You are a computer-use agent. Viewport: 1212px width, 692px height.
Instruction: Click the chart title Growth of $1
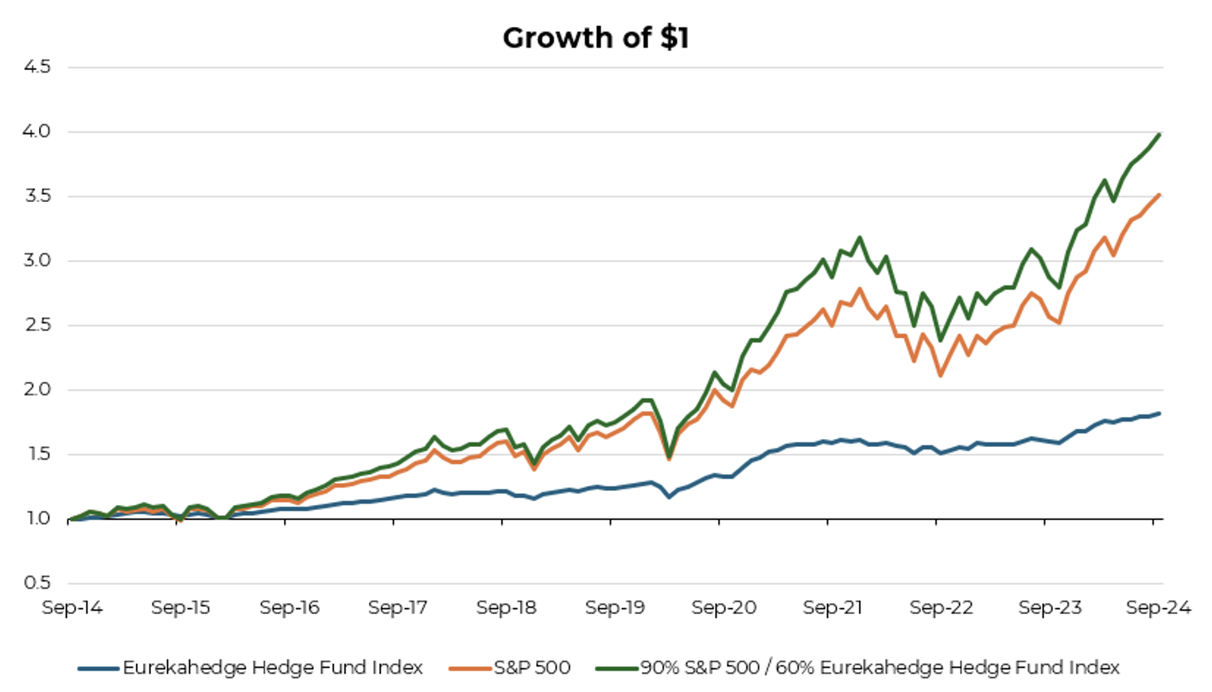(596, 38)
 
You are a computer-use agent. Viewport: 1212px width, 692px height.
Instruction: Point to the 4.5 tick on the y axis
(37, 67)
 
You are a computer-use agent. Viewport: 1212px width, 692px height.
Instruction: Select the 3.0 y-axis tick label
(37, 261)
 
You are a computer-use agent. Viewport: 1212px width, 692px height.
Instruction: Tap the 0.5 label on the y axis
(37, 583)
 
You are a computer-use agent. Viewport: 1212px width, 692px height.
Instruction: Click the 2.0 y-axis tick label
(37, 390)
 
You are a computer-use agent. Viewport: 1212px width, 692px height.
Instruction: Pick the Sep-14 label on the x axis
(72, 608)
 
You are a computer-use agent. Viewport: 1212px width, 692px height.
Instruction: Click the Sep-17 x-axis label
(398, 608)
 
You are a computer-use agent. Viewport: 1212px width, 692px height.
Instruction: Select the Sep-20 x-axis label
(724, 608)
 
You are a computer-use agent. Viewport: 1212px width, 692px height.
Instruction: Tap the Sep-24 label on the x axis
(1158, 608)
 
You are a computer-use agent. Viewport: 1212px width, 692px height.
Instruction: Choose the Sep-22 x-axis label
(941, 608)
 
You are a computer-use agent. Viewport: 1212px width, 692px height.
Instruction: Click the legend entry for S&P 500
(532, 667)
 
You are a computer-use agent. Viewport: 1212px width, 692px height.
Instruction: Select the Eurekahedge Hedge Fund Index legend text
(273, 667)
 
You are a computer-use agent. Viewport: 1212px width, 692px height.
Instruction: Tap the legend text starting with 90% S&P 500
(880, 667)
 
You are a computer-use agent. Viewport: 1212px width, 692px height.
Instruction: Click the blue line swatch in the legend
(99, 668)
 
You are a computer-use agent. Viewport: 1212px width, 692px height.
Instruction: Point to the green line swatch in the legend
(617, 668)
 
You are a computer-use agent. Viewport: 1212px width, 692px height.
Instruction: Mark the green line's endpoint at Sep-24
(1160, 134)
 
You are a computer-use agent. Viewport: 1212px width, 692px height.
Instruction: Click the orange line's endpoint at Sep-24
(1160, 194)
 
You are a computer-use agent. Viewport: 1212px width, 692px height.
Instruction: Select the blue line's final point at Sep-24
(1160, 414)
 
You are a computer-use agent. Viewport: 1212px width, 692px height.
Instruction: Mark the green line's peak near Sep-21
(860, 237)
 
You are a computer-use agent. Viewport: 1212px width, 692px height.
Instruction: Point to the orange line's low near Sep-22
(941, 375)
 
